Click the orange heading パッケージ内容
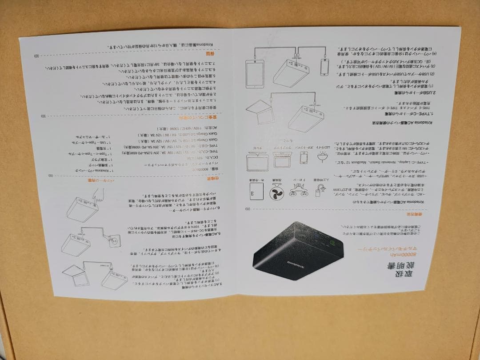click(95, 180)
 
